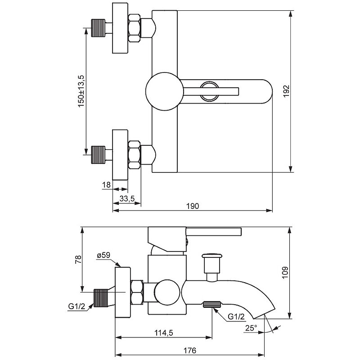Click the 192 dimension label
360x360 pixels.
[x=286, y=91]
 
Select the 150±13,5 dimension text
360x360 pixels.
[x=81, y=91]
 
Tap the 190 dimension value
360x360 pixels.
[x=193, y=206]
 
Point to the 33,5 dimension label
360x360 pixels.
[x=127, y=198]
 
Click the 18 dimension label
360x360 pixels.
[x=106, y=184]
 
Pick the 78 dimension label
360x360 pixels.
[x=78, y=259]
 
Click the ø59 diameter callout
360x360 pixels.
[x=103, y=255]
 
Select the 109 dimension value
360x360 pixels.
[x=285, y=273]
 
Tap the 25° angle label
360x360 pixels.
[x=251, y=328]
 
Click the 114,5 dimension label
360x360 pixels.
[x=164, y=333]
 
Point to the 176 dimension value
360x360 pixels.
[x=189, y=351]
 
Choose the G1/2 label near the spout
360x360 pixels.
[x=236, y=317]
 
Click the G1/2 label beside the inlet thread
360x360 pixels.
[x=76, y=306]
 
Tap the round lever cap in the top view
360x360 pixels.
[x=165, y=91]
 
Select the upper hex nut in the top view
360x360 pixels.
[x=134, y=28]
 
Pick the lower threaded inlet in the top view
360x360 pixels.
[x=98, y=155]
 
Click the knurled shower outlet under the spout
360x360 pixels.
[x=212, y=304]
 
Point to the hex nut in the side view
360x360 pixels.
[x=137, y=292]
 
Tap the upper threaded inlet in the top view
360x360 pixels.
[x=98, y=28]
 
